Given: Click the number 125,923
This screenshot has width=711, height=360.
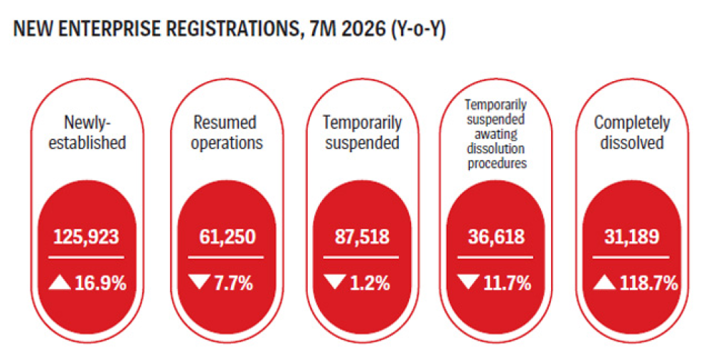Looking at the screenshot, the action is (86, 237).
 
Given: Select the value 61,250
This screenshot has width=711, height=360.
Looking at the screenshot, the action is (228, 237).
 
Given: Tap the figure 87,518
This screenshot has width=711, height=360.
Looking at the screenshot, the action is (362, 237).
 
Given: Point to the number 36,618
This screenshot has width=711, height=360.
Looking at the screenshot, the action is (496, 237).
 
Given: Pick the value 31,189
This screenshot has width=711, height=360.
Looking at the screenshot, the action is (631, 237).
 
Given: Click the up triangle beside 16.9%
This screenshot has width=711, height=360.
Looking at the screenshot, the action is (60, 283).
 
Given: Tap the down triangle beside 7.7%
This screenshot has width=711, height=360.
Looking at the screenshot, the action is (200, 282).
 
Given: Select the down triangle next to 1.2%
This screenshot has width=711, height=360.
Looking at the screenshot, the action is (335, 282).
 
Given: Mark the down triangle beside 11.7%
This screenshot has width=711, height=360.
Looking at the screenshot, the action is (469, 282).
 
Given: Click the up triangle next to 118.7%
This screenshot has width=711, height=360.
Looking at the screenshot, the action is (604, 283).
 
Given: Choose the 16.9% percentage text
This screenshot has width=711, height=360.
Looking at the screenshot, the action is (100, 284).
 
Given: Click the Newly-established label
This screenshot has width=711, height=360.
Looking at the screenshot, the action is (87, 132).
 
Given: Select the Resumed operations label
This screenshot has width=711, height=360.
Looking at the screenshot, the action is (227, 132).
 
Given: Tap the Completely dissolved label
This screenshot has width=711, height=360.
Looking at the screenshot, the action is (631, 132).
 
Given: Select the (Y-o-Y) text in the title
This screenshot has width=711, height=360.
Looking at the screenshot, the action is (415, 30).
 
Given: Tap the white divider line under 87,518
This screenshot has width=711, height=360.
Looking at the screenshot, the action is (361, 258).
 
